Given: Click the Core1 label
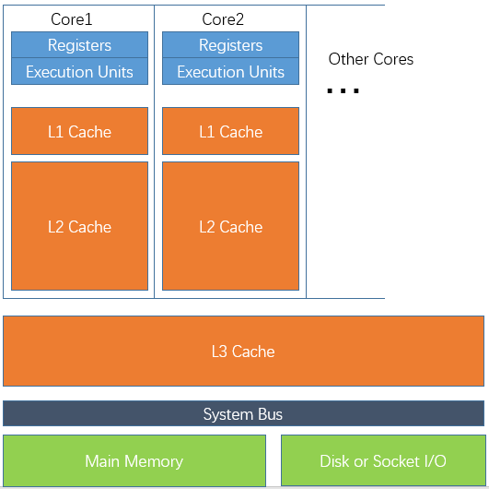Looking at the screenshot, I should tap(71, 19).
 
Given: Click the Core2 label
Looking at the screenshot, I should tap(222, 19).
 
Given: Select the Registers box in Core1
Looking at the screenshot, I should tap(79, 45).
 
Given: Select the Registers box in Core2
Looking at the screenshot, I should tap(230, 45).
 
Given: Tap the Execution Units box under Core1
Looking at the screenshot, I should tap(79, 72).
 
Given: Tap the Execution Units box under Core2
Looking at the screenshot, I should tap(230, 72).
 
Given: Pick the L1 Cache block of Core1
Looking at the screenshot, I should tap(79, 132).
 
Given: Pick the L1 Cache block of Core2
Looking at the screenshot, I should tap(230, 132).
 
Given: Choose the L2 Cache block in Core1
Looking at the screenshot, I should tap(79, 226).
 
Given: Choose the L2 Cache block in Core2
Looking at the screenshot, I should tap(230, 226).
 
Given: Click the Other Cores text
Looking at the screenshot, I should tap(371, 59).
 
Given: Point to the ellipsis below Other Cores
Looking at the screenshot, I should tap(343, 90).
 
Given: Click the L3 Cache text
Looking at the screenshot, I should tap(243, 352).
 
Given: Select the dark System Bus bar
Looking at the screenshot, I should tap(243, 414).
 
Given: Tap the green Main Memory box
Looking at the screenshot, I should tap(134, 461).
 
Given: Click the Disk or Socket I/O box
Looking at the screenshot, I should tap(382, 461).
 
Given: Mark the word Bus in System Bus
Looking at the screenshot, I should tap(269, 414).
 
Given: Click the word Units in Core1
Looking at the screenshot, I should tap(113, 72).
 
